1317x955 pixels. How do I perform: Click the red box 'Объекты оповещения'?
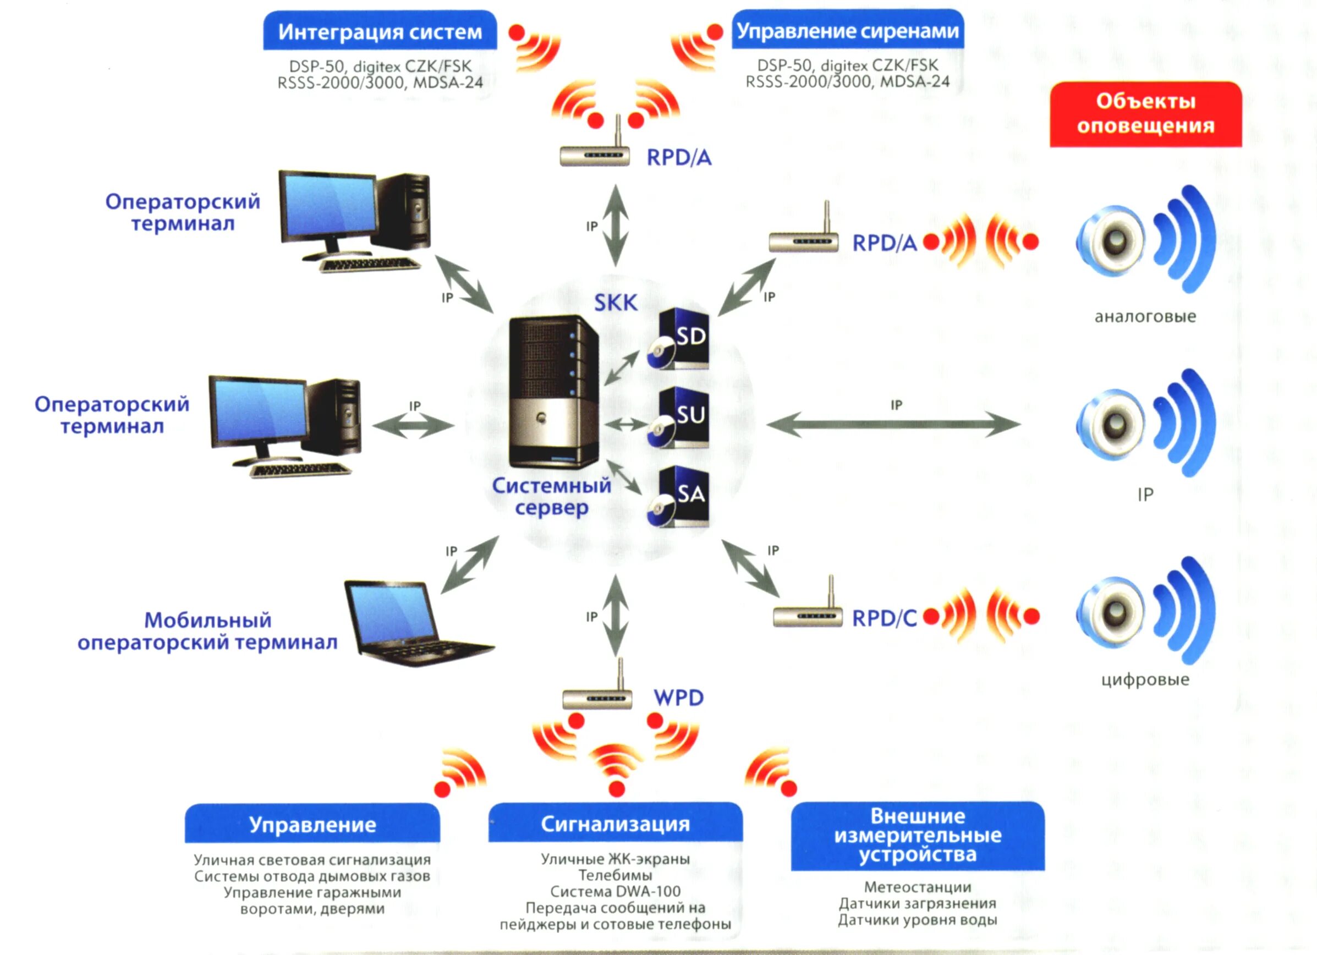point(1146,114)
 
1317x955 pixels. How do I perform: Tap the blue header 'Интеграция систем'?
point(380,30)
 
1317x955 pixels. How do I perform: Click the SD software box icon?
point(678,339)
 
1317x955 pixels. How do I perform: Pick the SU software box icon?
point(678,418)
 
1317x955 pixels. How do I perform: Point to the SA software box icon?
point(678,496)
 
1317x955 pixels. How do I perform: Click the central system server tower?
point(553,391)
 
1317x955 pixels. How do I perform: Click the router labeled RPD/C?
point(808,604)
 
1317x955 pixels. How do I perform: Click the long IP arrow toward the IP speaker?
point(893,424)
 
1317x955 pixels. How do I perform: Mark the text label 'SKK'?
point(616,303)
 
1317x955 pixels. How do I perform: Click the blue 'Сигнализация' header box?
point(616,822)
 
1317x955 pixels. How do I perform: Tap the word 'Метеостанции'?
point(918,887)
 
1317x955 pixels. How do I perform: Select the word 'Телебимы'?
point(616,875)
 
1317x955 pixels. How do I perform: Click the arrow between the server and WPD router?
point(616,616)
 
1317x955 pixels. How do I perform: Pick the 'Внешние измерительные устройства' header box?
point(918,836)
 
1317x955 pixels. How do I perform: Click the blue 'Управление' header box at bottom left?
point(312,823)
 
